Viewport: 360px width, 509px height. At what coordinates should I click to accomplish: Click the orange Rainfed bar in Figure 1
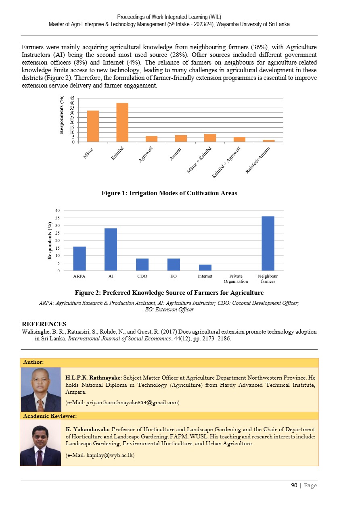tap(122, 123)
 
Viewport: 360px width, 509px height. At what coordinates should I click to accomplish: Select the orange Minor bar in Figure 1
tap(93, 126)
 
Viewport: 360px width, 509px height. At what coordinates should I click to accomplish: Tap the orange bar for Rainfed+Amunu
tap(268, 141)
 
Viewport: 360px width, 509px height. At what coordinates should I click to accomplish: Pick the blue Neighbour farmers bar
tap(268, 244)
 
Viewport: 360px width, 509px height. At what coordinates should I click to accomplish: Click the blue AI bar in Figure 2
tap(111, 249)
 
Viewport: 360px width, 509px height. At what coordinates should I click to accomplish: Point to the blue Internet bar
tap(205, 267)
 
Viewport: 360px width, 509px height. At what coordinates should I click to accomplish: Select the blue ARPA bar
tap(79, 259)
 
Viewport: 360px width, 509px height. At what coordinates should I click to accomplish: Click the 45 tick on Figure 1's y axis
tap(72, 98)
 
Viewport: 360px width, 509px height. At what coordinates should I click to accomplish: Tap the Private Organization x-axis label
tap(236, 279)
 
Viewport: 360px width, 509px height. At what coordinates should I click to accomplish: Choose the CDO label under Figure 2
tap(142, 276)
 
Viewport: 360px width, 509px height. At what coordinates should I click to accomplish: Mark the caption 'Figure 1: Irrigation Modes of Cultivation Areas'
tap(169, 193)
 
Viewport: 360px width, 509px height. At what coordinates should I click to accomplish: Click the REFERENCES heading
tap(44, 324)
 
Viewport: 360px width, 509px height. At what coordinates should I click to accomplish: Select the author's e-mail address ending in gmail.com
tap(122, 402)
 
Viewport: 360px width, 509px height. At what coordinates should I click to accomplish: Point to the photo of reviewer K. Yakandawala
tap(41, 442)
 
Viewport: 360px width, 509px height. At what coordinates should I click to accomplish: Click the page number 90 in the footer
tap(294, 485)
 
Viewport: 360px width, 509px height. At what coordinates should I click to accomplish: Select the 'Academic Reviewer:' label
tap(50, 415)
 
